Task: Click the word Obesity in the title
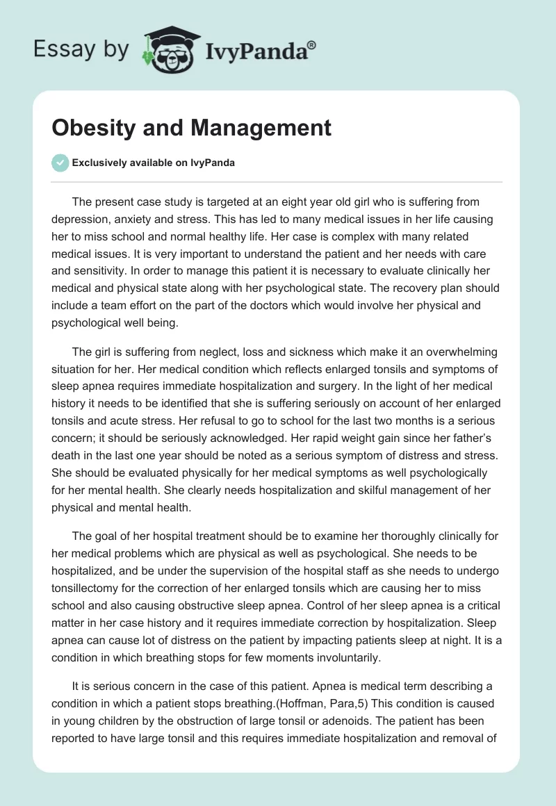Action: point(90,128)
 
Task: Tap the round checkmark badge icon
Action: point(60,163)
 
